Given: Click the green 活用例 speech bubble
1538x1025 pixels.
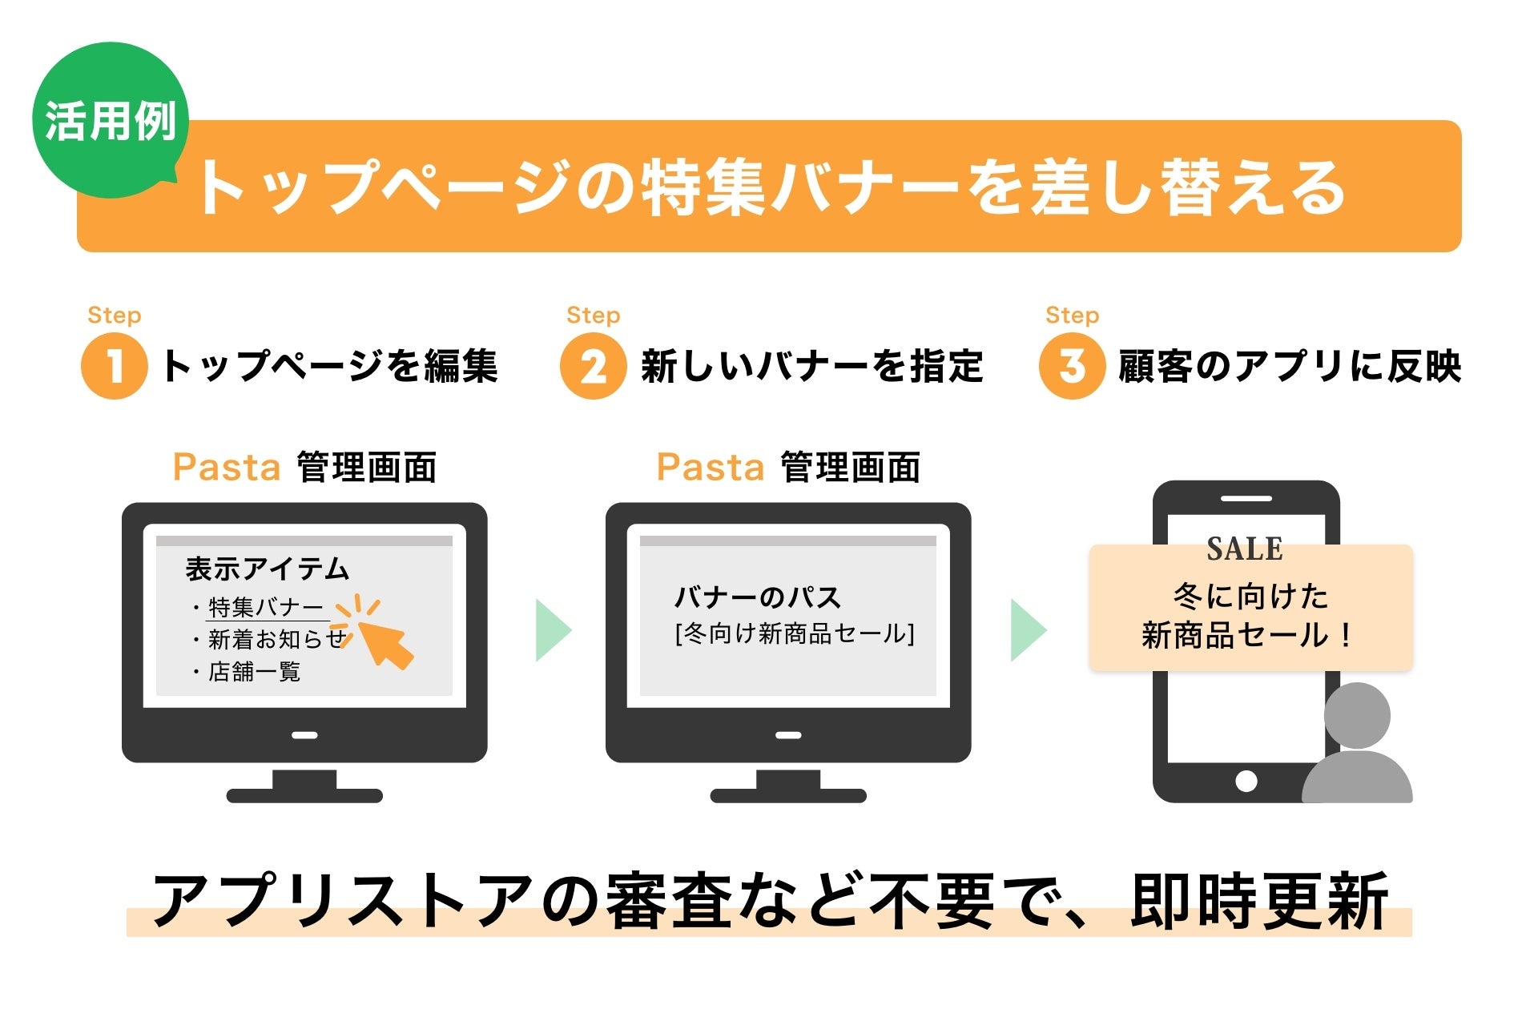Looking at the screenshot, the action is coord(110,120).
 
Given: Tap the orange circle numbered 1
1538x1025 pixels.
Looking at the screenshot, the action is coord(115,367).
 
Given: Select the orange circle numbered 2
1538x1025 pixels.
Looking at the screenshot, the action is coord(593,367).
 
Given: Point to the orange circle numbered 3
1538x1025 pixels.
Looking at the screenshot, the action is coord(1072,367).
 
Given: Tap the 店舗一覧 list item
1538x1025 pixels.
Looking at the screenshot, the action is coord(254,671).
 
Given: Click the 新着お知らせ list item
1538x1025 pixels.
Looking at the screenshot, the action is coord(276,639).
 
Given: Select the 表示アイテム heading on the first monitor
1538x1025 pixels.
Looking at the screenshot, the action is coord(268,569).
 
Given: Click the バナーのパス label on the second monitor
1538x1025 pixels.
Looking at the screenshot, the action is coord(758,597).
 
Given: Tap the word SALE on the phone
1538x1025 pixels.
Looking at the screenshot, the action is coord(1245,549).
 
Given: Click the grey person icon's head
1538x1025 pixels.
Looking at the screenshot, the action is coord(1357,715).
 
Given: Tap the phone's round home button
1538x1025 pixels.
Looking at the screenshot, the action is coord(1246,781).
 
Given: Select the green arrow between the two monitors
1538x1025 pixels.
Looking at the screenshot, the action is coord(553,629).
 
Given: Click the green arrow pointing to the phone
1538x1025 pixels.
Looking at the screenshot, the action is coord(1028,629).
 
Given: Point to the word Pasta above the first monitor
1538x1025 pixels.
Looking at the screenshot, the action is coord(227,467).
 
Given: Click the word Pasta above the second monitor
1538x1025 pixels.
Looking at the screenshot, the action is coord(711,467).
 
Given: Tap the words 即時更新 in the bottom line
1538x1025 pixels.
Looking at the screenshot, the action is coord(1259,902).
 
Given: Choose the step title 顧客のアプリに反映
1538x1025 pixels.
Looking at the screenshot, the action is coord(1290,367).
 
